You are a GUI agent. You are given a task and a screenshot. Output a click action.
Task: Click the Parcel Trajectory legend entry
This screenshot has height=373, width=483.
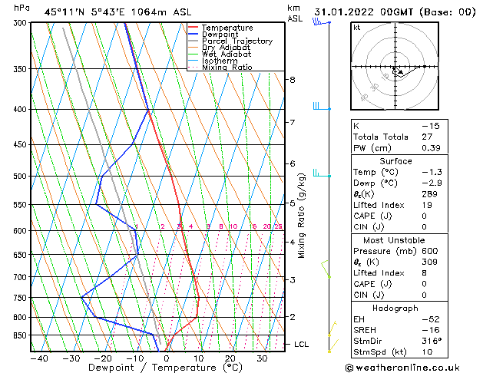click(x=237, y=41)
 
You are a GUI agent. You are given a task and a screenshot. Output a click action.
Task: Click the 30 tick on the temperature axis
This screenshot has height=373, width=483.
click(x=262, y=358)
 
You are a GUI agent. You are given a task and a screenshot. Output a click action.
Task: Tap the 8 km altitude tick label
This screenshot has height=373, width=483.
click(x=293, y=80)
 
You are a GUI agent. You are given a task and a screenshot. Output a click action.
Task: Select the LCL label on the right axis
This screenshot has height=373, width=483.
click(x=302, y=345)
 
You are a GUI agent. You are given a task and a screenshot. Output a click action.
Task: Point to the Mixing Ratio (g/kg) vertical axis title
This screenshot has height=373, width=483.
click(x=303, y=216)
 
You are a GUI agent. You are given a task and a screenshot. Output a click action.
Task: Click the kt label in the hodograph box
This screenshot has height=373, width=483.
click(x=357, y=28)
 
